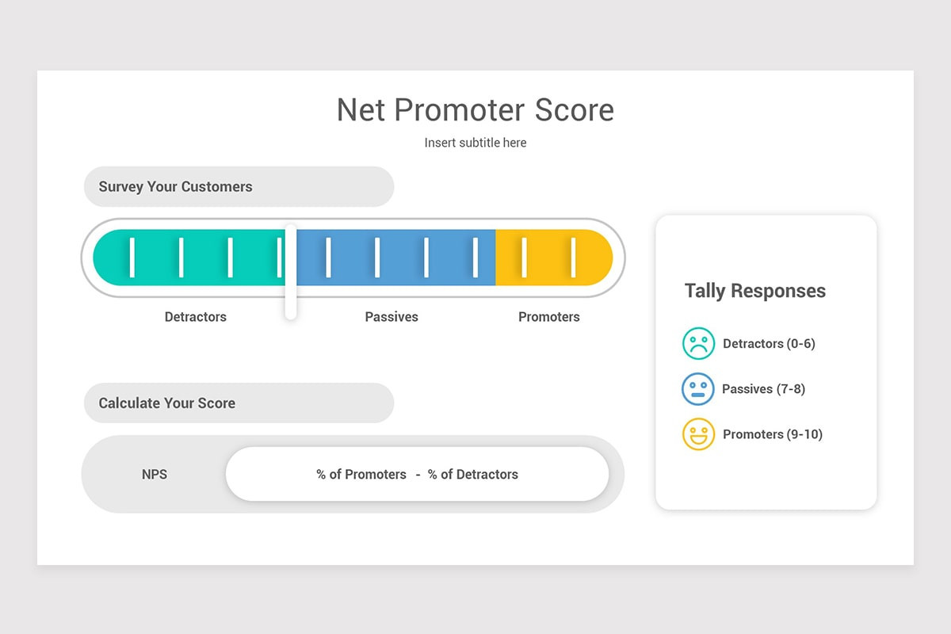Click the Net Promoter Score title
coord(475,109)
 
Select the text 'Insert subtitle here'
coord(475,143)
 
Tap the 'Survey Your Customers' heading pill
coord(238,187)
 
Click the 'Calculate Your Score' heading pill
coord(238,403)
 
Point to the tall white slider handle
coord(291,272)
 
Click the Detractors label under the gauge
coord(195,317)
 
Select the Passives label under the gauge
coord(391,317)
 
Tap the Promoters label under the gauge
coord(548,317)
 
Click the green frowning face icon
coord(698,344)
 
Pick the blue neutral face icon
coord(698,389)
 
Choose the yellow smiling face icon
coord(698,434)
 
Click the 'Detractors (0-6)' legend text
coord(769,344)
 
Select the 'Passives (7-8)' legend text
coord(763,389)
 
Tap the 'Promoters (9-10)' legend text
coord(773,434)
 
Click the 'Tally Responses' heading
coord(754,291)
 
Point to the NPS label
coord(155,475)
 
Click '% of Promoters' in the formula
coord(361,475)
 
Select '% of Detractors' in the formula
coord(473,475)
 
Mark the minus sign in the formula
coord(418,475)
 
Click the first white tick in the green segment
coord(132,257)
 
